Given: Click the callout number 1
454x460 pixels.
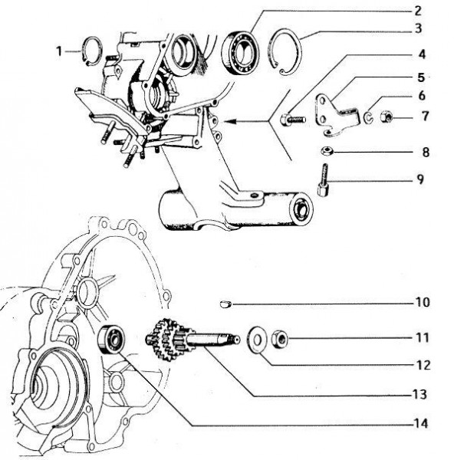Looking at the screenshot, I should pos(59,51).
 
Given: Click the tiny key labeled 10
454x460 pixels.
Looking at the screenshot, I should pos(224,304).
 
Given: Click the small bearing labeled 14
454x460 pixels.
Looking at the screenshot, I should pos(111,337).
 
